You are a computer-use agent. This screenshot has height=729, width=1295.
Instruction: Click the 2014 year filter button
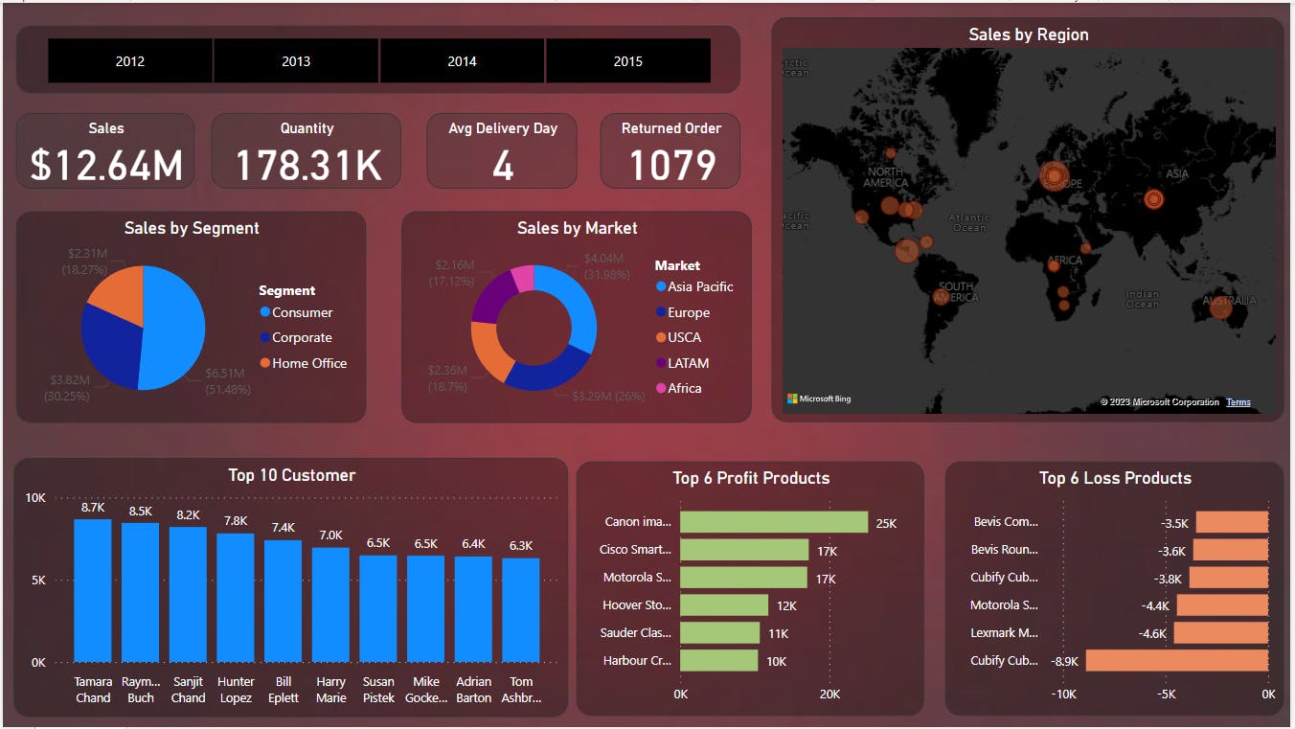(x=462, y=61)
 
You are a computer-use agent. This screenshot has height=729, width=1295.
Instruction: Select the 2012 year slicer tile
(x=130, y=61)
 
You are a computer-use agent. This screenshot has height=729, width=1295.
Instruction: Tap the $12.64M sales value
(x=106, y=165)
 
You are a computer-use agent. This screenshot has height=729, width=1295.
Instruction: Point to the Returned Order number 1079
(x=671, y=165)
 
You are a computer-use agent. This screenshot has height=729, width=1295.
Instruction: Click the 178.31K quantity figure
(x=307, y=165)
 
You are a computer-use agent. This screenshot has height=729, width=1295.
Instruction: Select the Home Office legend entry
(x=308, y=363)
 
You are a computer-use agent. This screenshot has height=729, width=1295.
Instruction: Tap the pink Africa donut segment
(x=523, y=278)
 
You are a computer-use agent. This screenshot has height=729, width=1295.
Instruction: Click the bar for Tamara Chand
(x=93, y=590)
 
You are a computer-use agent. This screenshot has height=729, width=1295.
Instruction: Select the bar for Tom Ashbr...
(x=521, y=609)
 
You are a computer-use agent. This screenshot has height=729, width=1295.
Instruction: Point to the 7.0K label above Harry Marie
(x=330, y=535)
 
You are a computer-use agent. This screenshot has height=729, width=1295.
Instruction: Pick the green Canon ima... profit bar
(x=773, y=522)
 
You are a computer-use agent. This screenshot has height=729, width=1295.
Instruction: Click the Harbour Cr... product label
(x=637, y=660)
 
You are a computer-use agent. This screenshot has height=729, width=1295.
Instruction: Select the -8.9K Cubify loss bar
(x=1176, y=660)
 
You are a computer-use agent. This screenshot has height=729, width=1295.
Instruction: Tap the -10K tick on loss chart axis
(x=1064, y=694)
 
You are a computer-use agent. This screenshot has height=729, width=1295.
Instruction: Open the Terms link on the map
(x=1238, y=402)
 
